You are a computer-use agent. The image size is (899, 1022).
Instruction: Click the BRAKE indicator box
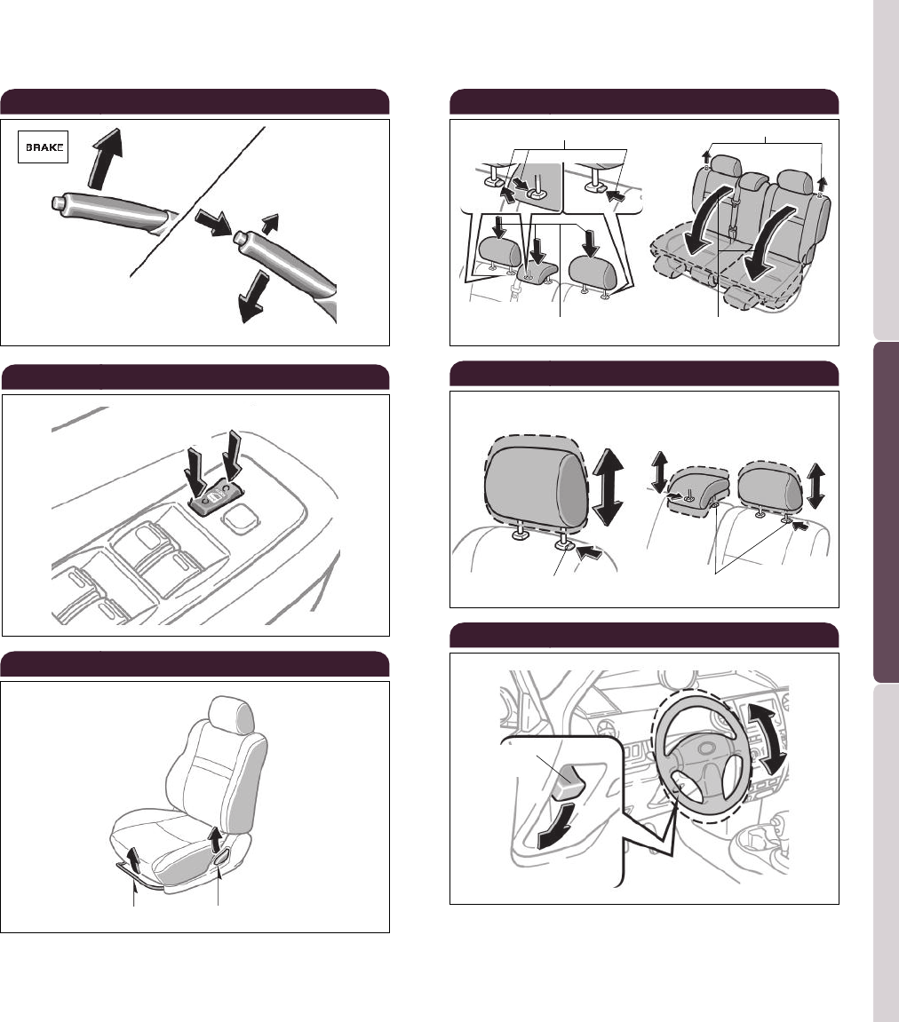tap(43, 147)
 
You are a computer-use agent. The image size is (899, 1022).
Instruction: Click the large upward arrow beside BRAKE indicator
tap(105, 158)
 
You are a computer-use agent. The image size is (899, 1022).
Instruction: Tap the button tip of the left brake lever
tap(58, 202)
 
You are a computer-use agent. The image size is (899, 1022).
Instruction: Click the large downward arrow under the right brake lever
tap(253, 297)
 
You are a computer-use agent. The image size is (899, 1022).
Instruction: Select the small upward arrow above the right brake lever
tap(270, 224)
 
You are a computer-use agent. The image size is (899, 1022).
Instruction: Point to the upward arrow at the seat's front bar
tap(133, 859)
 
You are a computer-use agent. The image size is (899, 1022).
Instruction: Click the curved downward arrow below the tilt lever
tap(557, 825)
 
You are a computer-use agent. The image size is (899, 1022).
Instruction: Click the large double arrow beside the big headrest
tap(607, 487)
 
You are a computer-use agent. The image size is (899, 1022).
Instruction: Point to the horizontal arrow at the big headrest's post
tap(589, 552)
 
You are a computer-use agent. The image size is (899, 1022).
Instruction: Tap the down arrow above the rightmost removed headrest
tap(591, 242)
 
